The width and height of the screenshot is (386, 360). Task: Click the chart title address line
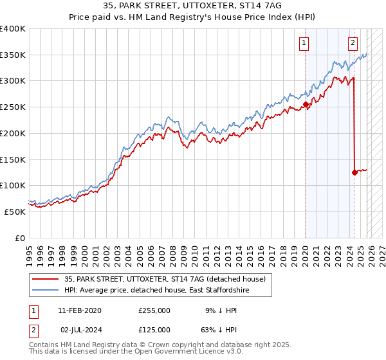193,6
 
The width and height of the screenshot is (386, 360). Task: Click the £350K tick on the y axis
13,55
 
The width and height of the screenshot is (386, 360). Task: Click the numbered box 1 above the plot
303,44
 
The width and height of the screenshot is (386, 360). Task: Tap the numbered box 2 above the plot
353,44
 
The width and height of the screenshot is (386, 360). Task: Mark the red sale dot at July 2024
354,172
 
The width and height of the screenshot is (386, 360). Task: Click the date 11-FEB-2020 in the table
79,310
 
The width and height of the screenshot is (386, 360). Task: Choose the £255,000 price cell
154,310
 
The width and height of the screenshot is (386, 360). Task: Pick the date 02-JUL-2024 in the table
80,329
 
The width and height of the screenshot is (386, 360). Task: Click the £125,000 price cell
154,329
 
